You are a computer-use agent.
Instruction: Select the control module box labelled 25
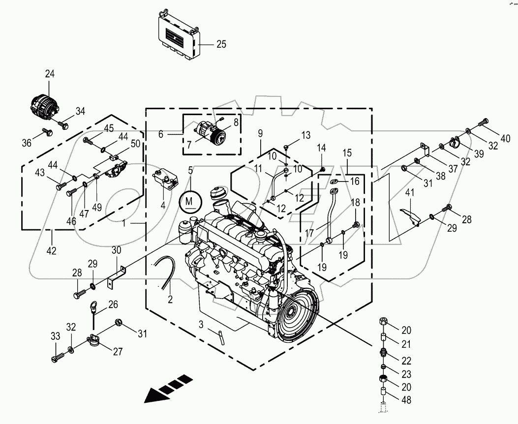click(177, 35)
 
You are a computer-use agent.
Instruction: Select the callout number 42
click(51, 250)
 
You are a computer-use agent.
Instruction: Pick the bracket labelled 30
click(116, 276)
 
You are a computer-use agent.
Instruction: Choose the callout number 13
click(306, 135)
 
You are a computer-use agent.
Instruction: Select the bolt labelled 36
click(47, 131)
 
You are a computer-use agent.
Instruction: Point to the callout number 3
click(201, 324)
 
